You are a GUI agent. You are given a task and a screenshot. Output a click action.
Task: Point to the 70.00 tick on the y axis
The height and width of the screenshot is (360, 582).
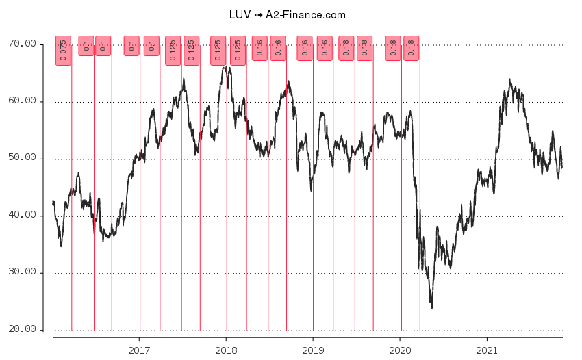point(21,44)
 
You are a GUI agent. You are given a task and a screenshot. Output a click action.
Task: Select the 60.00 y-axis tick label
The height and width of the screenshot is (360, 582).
point(21,101)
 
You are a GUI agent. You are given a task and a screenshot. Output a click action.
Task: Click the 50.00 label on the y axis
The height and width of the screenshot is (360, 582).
point(21,159)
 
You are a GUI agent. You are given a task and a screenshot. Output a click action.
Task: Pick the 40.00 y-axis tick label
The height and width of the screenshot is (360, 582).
point(21,216)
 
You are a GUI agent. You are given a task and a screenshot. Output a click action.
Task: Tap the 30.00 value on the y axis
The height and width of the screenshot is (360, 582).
point(21,272)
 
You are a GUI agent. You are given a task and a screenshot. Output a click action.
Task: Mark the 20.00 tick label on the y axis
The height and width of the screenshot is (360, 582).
point(21,330)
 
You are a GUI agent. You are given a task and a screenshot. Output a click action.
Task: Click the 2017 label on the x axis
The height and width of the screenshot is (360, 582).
point(140,350)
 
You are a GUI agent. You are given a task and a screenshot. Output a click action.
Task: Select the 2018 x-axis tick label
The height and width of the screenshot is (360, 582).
point(226,350)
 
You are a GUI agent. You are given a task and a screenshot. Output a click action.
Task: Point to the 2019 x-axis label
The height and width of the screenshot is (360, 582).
point(313,350)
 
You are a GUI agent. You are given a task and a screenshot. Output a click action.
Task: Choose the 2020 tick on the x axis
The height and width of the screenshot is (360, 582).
point(400,350)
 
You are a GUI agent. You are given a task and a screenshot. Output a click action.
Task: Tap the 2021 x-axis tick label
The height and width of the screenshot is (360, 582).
point(487,350)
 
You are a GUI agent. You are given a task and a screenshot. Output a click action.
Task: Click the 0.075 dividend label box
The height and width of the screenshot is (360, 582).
point(63,51)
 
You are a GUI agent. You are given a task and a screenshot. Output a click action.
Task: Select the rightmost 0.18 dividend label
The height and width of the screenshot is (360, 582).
point(411,48)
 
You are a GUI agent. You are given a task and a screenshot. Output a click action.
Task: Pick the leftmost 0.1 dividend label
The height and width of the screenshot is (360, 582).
point(86,46)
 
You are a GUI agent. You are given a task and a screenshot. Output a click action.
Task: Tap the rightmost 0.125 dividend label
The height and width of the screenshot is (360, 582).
point(238,51)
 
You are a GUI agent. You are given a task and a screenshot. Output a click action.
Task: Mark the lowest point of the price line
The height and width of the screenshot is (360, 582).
point(431,308)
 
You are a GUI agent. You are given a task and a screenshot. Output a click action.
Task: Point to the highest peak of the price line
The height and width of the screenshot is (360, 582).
point(225,66)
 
